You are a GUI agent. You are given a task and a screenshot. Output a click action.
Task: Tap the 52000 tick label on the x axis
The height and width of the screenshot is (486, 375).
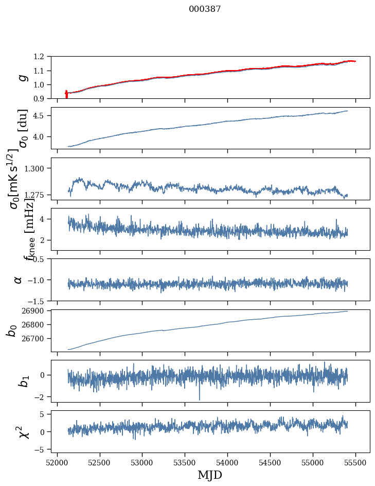(57, 462)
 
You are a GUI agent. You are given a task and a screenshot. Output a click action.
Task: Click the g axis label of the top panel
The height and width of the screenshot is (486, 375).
(21, 77)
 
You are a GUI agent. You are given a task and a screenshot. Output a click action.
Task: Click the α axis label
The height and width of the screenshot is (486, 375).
(19, 280)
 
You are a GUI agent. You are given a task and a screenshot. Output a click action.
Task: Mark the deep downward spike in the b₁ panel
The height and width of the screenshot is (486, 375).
(199, 398)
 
